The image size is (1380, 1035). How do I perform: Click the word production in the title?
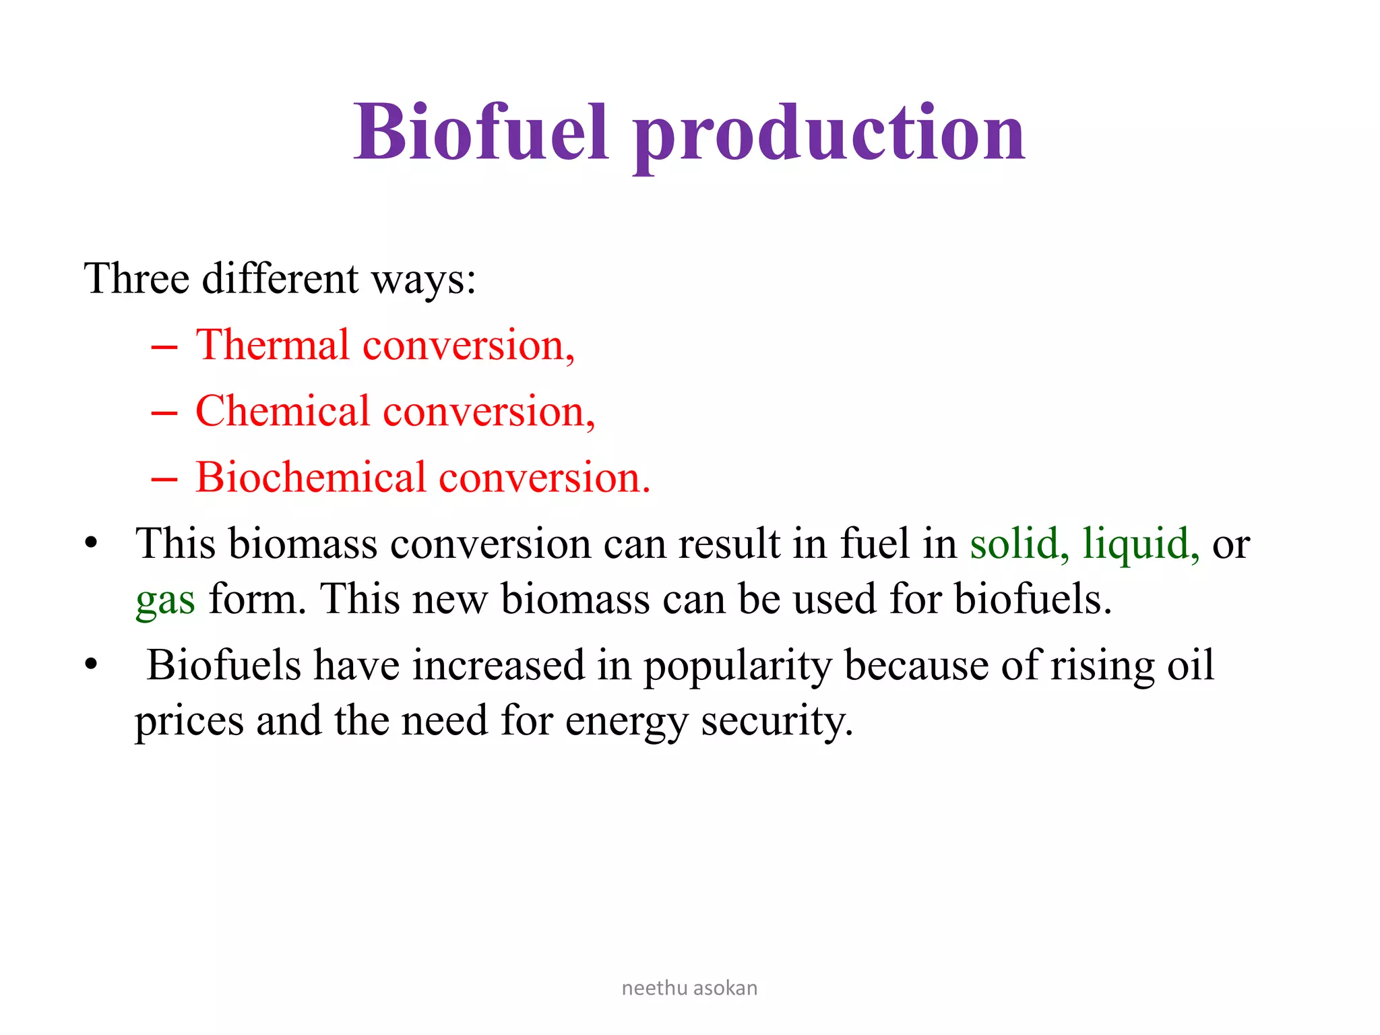pos(829,135)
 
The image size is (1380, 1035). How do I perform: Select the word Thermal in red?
pos(273,345)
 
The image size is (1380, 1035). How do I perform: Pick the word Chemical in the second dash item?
pos(282,411)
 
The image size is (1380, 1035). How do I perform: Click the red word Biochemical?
pos(311,477)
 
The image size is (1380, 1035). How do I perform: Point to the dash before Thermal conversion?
pos(164,348)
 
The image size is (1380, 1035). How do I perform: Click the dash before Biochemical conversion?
pos(164,480)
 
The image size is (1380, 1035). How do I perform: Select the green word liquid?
pos(1139,544)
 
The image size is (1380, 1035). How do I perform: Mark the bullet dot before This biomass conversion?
pos(92,543)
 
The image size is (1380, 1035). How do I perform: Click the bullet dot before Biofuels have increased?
pos(92,664)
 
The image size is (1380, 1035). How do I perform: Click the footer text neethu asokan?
pos(689,988)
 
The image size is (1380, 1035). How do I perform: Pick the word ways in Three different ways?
pos(422,280)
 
